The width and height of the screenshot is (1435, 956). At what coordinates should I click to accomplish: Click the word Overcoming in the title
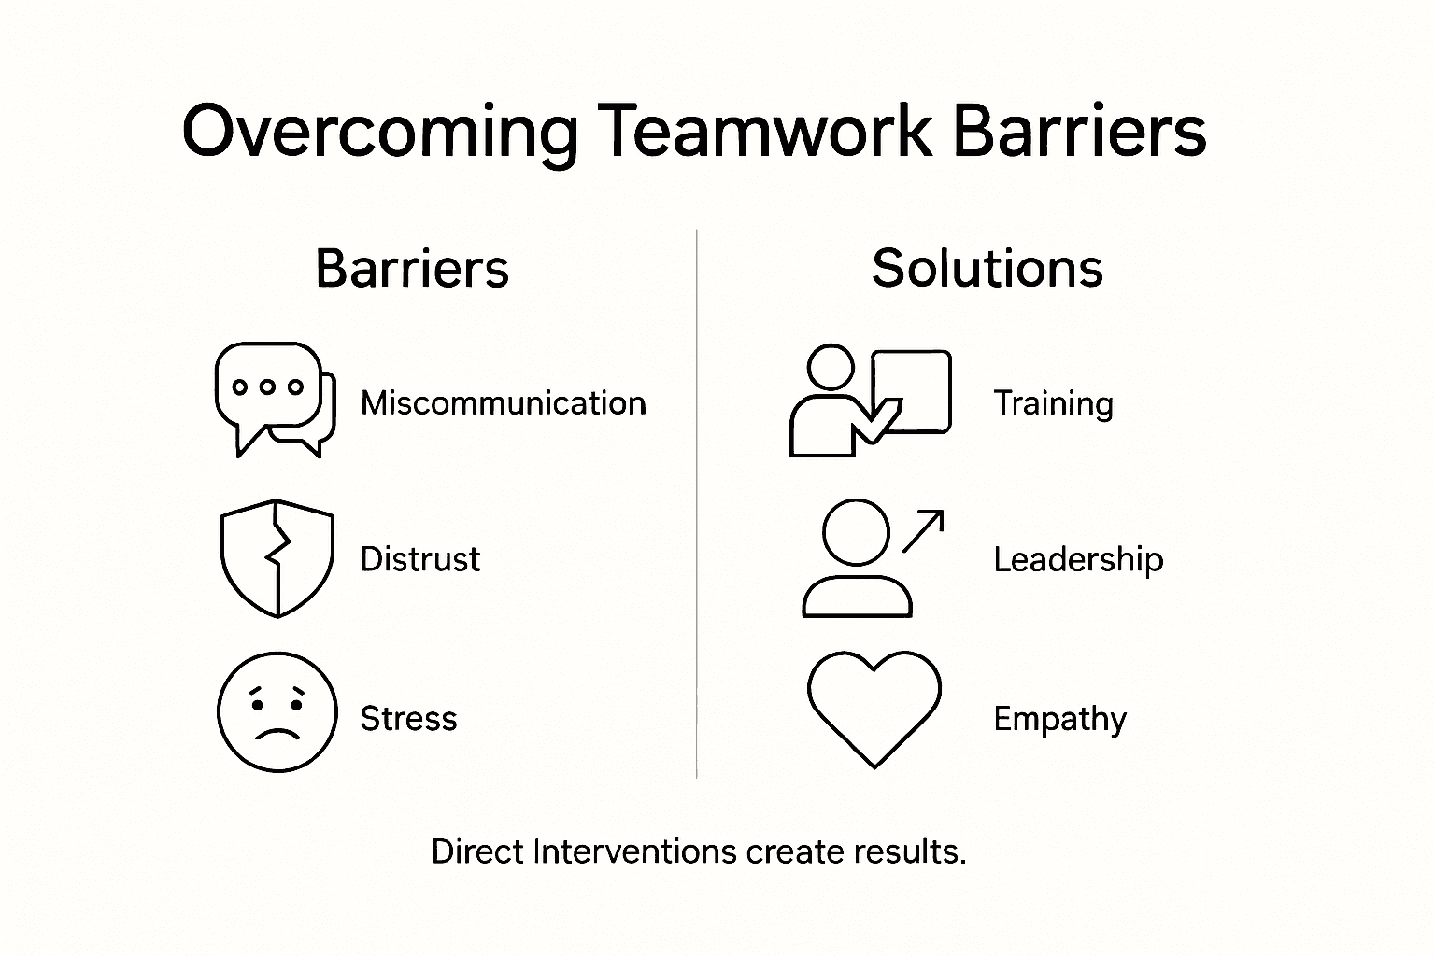(x=379, y=131)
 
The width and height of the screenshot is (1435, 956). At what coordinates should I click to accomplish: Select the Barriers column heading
(x=412, y=269)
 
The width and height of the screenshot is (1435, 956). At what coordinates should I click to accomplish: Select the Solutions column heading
(x=987, y=269)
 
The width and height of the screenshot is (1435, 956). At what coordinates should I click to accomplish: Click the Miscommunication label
(x=503, y=403)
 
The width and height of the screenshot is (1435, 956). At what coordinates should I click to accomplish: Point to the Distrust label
(x=419, y=559)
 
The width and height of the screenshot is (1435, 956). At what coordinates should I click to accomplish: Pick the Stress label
(x=408, y=719)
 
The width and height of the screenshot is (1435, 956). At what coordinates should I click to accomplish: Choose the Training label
(x=1053, y=403)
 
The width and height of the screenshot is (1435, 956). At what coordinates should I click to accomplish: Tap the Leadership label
(x=1078, y=559)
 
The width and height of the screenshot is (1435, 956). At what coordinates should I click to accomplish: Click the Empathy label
(x=1059, y=719)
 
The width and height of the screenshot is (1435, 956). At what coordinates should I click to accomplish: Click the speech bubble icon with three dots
(x=274, y=398)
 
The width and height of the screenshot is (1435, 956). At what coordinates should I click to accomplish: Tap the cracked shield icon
(x=277, y=558)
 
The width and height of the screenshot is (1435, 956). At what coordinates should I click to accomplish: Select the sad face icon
(x=277, y=712)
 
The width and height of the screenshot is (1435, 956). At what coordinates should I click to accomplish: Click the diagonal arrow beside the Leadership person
(x=923, y=530)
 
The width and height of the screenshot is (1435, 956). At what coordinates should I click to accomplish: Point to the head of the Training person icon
(x=831, y=367)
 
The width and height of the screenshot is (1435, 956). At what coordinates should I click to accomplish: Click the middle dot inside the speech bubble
(x=268, y=387)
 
